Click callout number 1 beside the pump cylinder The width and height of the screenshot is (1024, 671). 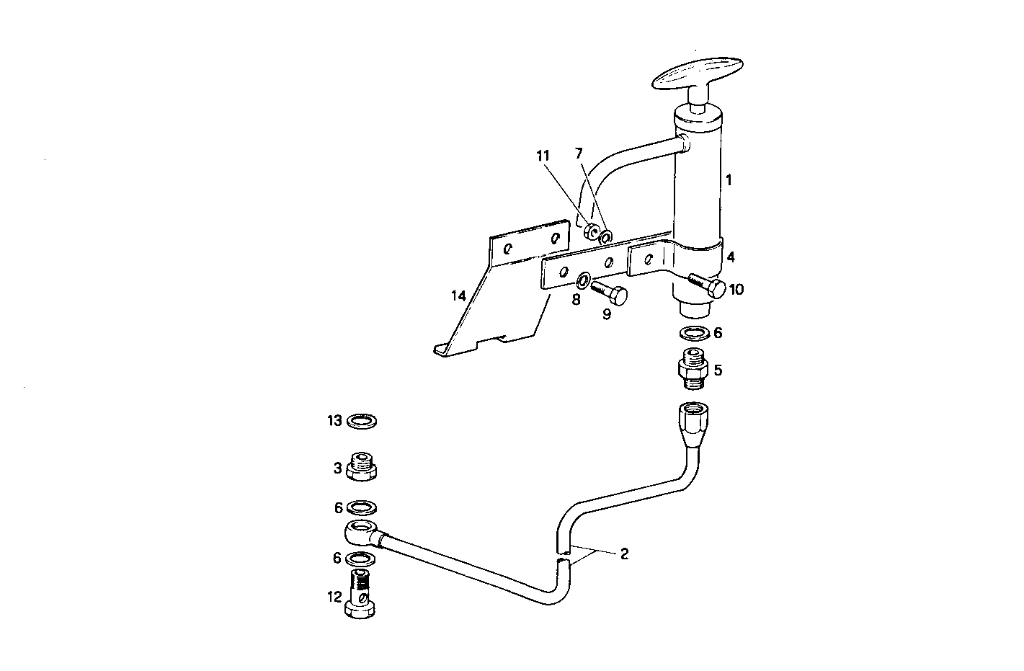[729, 180]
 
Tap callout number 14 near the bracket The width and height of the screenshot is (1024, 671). [458, 295]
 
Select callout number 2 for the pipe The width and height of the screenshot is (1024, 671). [624, 554]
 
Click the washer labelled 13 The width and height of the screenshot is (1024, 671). [362, 421]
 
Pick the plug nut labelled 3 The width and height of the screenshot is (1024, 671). [362, 469]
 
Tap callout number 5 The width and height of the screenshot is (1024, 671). [718, 370]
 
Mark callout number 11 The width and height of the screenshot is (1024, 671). [543, 155]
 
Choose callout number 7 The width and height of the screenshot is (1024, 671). [577, 154]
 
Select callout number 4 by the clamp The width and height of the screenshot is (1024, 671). [730, 256]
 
